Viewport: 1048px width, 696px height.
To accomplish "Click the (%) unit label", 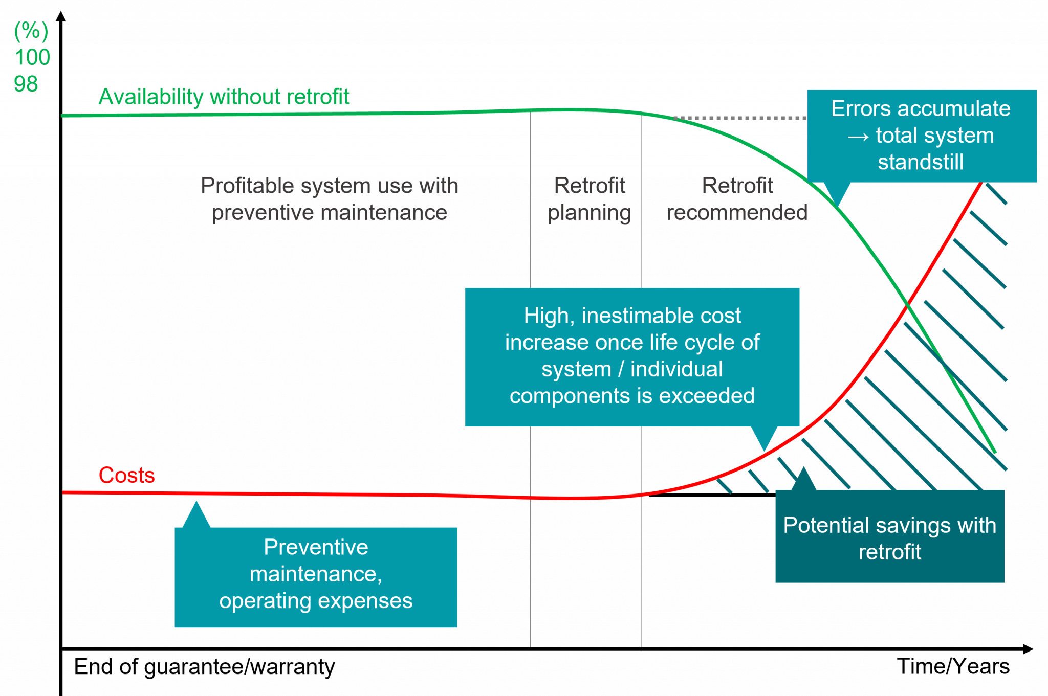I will [31, 32].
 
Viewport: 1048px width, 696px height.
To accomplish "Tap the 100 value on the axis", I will [32, 57].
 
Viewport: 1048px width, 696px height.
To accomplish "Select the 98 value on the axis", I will [26, 84].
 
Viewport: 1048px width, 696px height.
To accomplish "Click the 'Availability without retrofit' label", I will [224, 97].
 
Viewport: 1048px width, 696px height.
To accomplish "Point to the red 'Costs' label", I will [126, 475].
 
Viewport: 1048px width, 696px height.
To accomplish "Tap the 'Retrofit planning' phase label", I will [589, 199].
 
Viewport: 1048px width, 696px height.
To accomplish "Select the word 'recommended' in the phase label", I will [737, 212].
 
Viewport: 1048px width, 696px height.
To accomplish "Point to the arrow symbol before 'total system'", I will [858, 137].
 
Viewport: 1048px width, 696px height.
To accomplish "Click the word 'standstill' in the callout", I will [921, 162].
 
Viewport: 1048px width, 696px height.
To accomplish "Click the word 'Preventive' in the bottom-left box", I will [316, 547].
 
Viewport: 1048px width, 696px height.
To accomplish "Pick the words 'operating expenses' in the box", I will [316, 601].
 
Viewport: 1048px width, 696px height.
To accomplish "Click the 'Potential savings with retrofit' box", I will [889, 537].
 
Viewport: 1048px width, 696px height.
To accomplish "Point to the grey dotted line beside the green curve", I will [742, 118].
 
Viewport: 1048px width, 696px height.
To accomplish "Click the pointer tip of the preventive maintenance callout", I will [196, 502].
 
